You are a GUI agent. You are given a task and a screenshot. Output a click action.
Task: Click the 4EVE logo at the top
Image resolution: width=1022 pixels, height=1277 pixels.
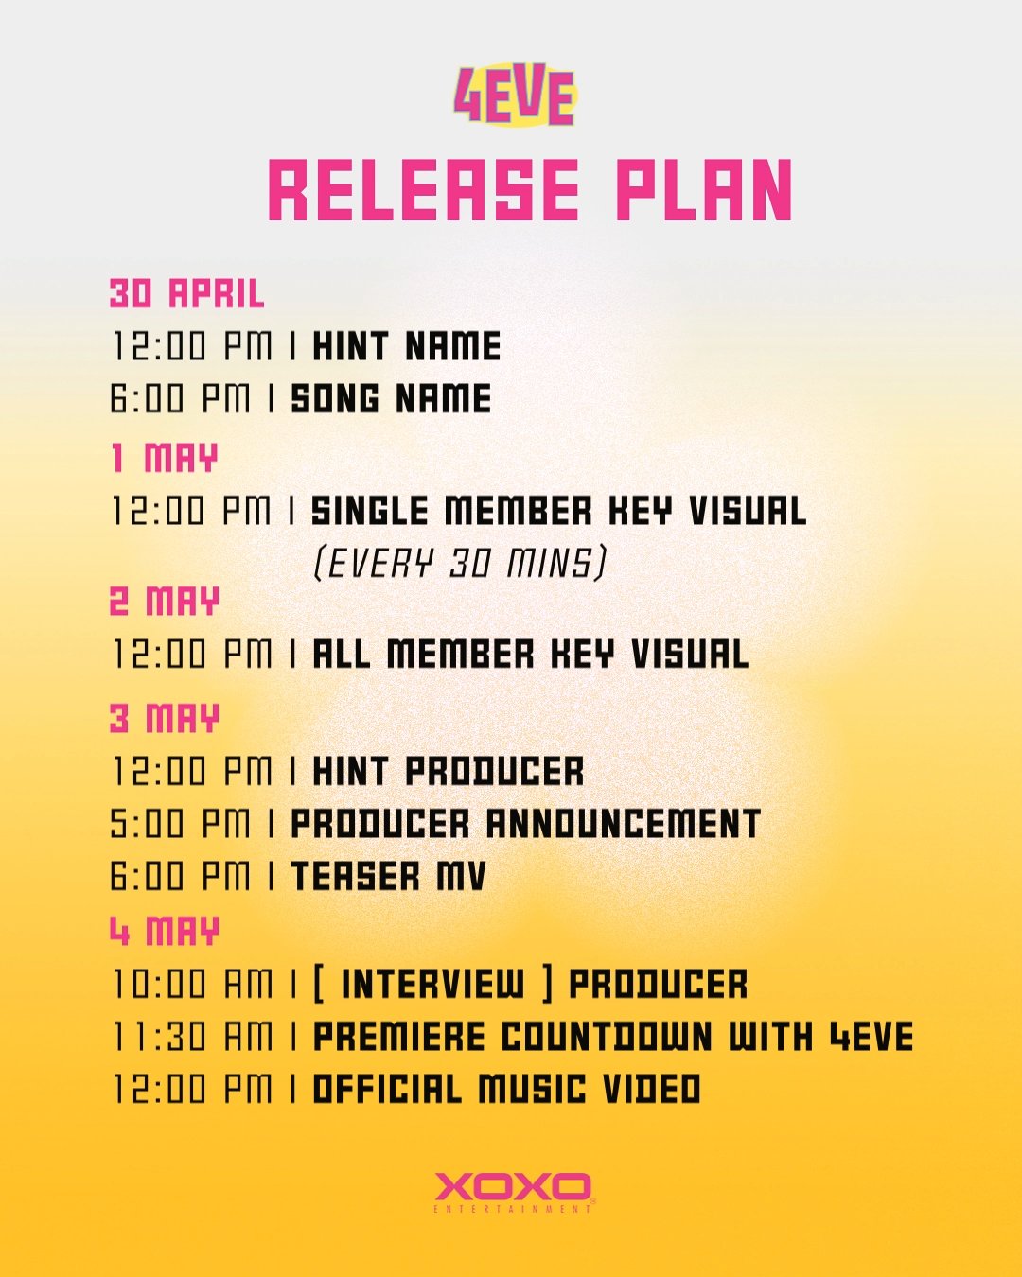515,96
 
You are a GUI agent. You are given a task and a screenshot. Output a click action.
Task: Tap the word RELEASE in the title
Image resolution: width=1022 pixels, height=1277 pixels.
423,190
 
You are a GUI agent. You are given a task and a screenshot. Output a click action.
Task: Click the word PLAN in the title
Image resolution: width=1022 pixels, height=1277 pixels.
704,190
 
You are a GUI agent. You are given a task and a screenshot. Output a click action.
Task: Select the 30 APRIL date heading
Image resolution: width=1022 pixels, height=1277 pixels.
186,294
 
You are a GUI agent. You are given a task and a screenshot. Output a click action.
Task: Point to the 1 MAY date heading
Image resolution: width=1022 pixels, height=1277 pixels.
165,459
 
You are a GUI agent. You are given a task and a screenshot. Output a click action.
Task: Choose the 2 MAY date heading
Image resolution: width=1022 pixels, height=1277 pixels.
165,602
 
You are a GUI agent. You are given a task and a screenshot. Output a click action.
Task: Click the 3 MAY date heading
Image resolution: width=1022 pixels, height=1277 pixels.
165,719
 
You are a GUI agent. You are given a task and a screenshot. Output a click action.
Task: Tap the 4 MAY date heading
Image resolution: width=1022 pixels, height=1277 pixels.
165,932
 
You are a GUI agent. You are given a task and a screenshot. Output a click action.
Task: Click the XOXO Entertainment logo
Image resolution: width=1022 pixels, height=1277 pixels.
514,1192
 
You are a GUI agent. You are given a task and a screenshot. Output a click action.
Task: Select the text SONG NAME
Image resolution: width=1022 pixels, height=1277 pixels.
391,399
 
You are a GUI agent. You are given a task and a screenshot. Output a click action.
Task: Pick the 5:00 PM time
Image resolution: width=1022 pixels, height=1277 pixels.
180,824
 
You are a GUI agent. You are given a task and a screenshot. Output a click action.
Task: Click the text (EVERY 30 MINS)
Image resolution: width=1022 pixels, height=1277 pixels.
460,563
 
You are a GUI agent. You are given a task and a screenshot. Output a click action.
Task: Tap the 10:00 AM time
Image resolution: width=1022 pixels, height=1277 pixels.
191,985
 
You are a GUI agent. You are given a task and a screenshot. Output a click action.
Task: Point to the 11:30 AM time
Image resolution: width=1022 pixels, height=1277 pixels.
191,1037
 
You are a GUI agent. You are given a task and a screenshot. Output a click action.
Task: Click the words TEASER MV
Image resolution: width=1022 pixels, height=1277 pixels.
388,877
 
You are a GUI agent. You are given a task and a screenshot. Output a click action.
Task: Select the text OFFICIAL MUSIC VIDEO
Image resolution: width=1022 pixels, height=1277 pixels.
506,1090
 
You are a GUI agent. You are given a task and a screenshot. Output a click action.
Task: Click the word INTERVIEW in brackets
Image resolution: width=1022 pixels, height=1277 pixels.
432,985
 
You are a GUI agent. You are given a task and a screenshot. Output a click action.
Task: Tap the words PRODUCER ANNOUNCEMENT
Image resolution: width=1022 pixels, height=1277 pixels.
525,824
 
